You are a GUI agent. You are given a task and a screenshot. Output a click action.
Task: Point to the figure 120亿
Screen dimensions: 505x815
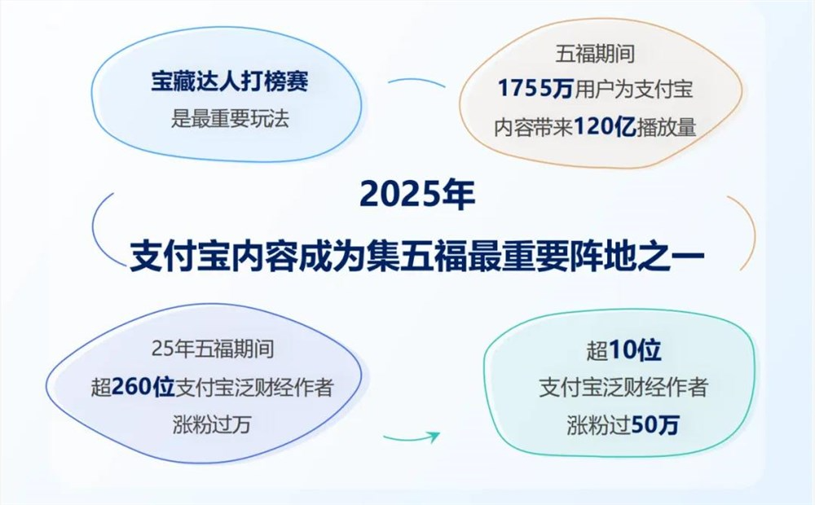(605, 126)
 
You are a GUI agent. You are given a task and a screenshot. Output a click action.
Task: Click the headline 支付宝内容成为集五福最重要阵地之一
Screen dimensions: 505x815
(416, 253)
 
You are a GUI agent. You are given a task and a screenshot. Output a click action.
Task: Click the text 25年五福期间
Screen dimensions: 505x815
(211, 349)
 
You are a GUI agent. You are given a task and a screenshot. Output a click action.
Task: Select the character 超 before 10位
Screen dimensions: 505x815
(596, 352)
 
